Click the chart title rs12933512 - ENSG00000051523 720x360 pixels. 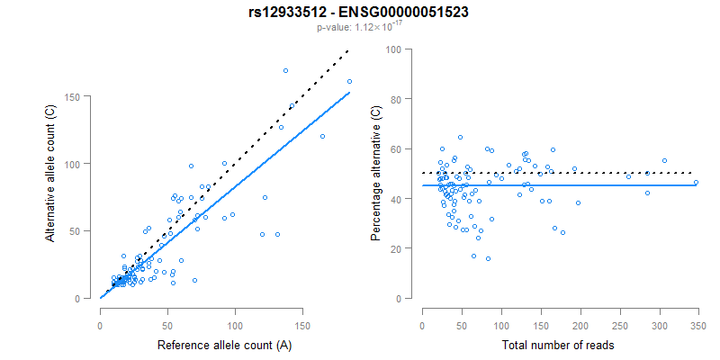pyautogui.click(x=359, y=12)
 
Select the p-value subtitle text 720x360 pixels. pyautogui.click(x=359, y=27)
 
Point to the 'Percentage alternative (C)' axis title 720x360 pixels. pyautogui.click(x=375, y=174)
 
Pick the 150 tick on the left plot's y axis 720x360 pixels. pyautogui.click(x=82, y=96)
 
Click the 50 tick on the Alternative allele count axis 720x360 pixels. pyautogui.click(x=84, y=230)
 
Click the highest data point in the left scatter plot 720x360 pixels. pyautogui.click(x=285, y=70)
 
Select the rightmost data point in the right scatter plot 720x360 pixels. pyautogui.click(x=696, y=182)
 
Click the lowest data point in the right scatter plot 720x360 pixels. pyautogui.click(x=488, y=258)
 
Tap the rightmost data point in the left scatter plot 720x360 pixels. pyautogui.click(x=349, y=82)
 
